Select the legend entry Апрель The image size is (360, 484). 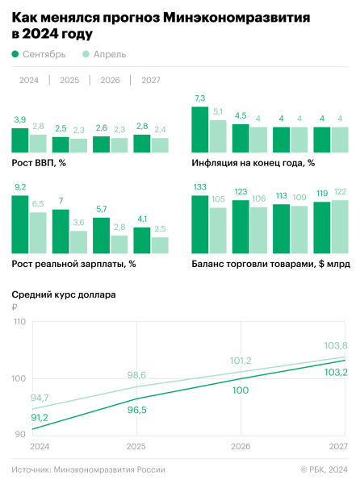coord(103,54)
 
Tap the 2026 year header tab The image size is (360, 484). coord(110,80)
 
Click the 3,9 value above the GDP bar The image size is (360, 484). coord(20,119)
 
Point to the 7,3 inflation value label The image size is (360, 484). coord(200,98)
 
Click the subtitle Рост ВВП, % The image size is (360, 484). coord(39,163)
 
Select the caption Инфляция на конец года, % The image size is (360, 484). coord(253,163)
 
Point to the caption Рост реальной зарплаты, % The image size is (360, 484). coord(73,263)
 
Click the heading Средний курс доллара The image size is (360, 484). coord(64,294)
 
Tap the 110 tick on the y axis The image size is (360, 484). coord(19,322)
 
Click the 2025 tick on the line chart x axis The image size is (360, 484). coord(138,446)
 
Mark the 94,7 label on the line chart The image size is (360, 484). coord(40,397)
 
